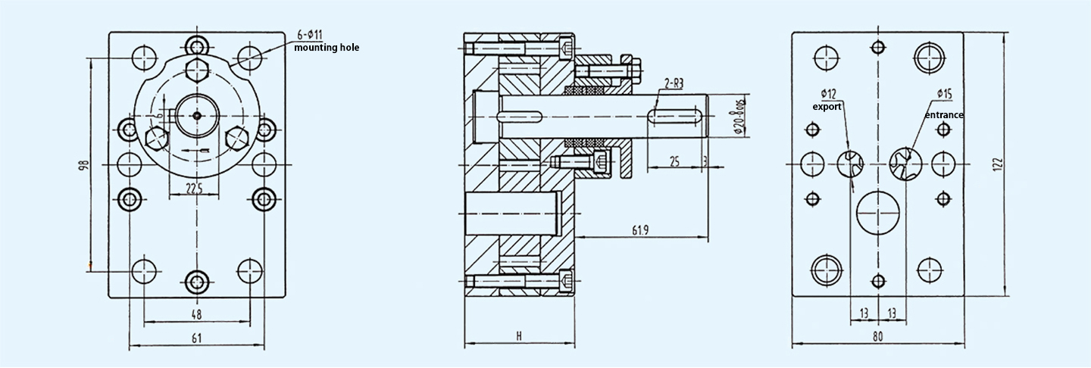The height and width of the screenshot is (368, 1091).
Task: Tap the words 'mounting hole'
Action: pos(327,48)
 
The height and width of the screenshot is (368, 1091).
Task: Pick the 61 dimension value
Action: pos(195,338)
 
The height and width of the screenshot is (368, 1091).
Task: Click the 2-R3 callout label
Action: pos(676,83)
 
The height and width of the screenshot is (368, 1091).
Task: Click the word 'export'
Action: pos(827,107)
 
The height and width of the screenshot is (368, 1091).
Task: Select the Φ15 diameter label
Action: pos(944,93)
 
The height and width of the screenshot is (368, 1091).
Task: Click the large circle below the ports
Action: pos(877,212)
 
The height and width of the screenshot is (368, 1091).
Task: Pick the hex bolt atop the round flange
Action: pos(196,70)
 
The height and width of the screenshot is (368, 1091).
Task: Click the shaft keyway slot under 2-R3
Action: pos(673,115)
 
